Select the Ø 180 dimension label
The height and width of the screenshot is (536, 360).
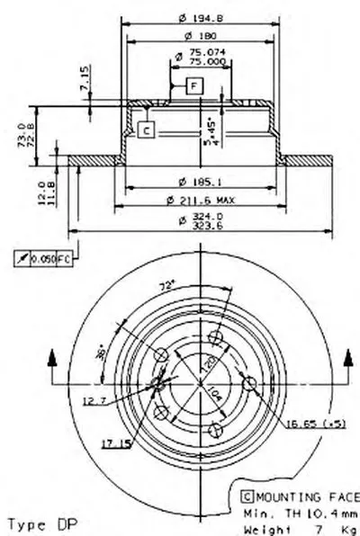coord(202,36)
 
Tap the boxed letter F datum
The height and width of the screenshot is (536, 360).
coord(193,86)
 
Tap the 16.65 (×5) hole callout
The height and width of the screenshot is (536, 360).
coord(315,419)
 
